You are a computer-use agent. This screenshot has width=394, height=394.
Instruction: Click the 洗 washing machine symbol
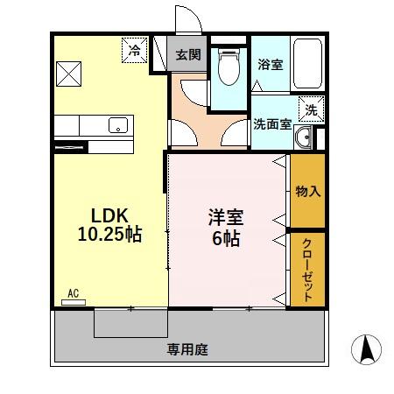(311, 109)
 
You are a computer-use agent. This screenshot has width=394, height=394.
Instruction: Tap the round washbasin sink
(305, 137)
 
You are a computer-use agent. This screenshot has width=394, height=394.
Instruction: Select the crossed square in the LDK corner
(69, 73)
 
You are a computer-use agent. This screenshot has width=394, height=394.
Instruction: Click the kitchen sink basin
(117, 125)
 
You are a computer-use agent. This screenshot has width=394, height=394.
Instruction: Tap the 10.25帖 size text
(108, 235)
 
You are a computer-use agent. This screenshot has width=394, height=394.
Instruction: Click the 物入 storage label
(307, 191)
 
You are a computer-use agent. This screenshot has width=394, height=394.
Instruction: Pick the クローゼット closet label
(308, 270)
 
